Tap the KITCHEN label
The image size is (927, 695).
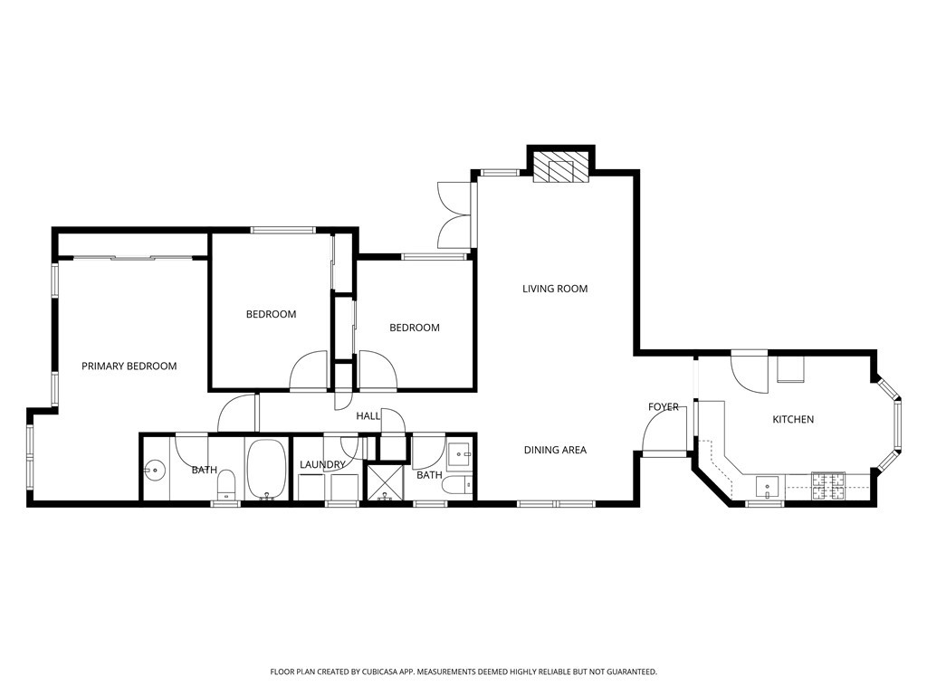click(x=792, y=419)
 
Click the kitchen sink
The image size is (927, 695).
click(x=768, y=487)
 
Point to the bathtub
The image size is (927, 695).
click(x=266, y=469)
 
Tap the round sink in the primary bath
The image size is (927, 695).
click(x=155, y=471)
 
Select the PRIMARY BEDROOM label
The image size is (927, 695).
click(x=129, y=366)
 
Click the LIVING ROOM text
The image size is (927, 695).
click(x=555, y=289)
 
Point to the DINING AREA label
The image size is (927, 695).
click(x=555, y=450)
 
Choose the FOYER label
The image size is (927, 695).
click(x=664, y=407)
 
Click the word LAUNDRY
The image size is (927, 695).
click(x=322, y=465)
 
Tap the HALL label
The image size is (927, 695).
click(x=368, y=415)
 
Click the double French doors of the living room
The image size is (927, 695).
click(x=454, y=214)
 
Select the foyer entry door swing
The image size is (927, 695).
click(x=661, y=436)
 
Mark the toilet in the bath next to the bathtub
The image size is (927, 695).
click(x=226, y=484)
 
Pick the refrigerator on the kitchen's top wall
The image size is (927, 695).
click(x=789, y=367)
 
